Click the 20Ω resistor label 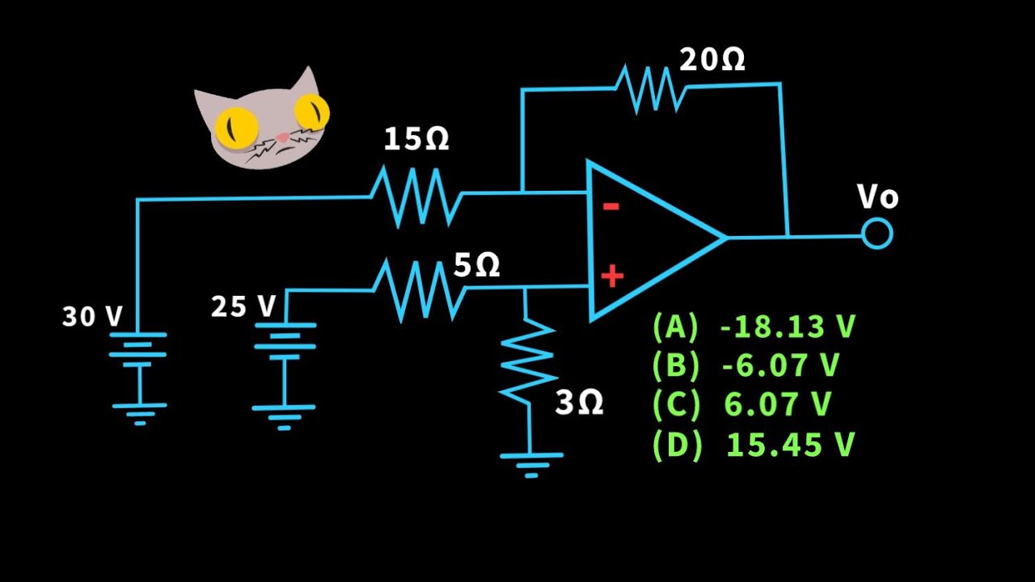pos(712,60)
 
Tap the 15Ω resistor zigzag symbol pos(416,197)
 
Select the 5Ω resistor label pos(476,265)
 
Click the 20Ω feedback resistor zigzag pos(651,88)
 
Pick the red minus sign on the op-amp pos(611,206)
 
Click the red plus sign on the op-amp pos(612,276)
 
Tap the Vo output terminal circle pos(877,234)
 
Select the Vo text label pos(877,196)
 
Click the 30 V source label pos(92,316)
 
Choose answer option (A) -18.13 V pos(754,327)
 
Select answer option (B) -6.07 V pos(746,365)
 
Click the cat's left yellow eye pos(235,125)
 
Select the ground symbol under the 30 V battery pos(140,413)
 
